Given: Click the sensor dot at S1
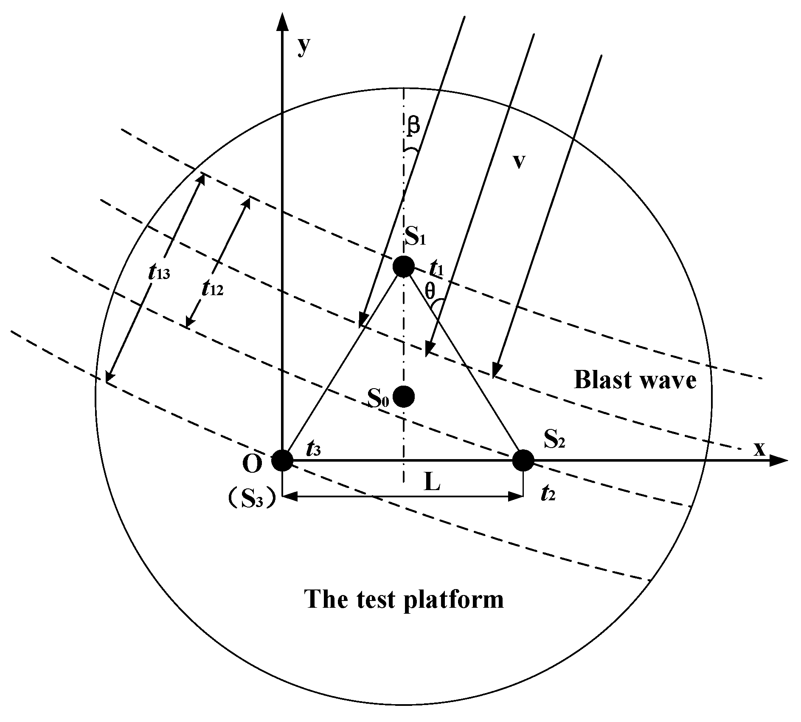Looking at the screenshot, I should pos(403,267).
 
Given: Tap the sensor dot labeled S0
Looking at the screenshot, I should pos(403,396).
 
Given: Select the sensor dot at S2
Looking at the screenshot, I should pos(523,460).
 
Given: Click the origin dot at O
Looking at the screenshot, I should pos(282,460).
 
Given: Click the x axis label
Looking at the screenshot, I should pos(759,449).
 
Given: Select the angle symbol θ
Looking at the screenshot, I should pos(430,291).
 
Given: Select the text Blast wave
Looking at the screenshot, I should pos(635,380).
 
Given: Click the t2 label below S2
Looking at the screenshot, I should pos(548,495).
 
